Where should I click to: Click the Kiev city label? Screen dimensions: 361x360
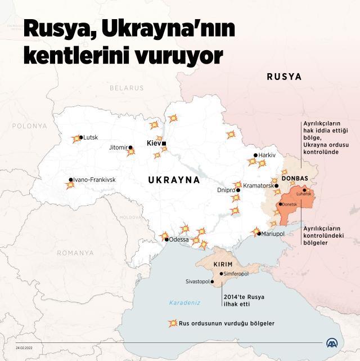[153, 143]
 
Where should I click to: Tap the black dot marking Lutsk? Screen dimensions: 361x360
[81, 137]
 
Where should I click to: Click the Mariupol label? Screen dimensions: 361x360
[273, 233]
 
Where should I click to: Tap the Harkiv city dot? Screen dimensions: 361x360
[255, 155]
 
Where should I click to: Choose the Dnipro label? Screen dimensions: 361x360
[226, 190]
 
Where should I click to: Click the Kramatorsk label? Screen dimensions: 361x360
[258, 185]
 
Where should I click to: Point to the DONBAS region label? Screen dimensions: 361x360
[294, 179]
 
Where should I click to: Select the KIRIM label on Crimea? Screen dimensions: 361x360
[223, 265]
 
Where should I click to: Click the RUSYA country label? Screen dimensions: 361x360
[284, 76]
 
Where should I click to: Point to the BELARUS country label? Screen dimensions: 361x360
[127, 88]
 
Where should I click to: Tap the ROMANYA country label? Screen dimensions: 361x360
[75, 253]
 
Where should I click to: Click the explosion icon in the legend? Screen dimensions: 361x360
[172, 324]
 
